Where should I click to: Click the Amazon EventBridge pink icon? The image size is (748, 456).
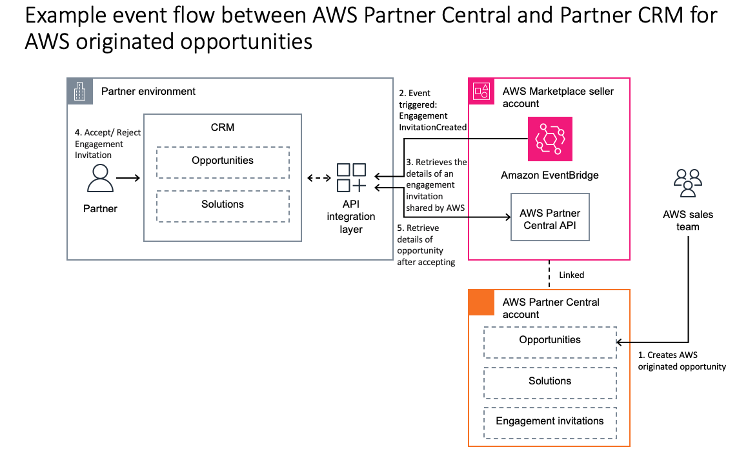point(550,139)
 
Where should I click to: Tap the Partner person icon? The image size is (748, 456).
point(100,178)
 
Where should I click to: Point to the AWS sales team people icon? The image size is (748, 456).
point(687,183)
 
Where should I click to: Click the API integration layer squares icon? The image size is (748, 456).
point(352,178)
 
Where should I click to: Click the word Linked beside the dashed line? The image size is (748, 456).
point(571,275)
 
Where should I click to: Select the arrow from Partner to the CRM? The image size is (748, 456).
point(128,178)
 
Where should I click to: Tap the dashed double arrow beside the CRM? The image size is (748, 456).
point(318,178)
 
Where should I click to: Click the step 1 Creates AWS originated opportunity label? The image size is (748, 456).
point(682,361)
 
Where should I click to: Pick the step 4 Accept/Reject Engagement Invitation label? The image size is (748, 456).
point(107,144)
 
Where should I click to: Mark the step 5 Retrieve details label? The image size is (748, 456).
point(426,244)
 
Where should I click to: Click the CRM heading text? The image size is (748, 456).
point(223,127)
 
